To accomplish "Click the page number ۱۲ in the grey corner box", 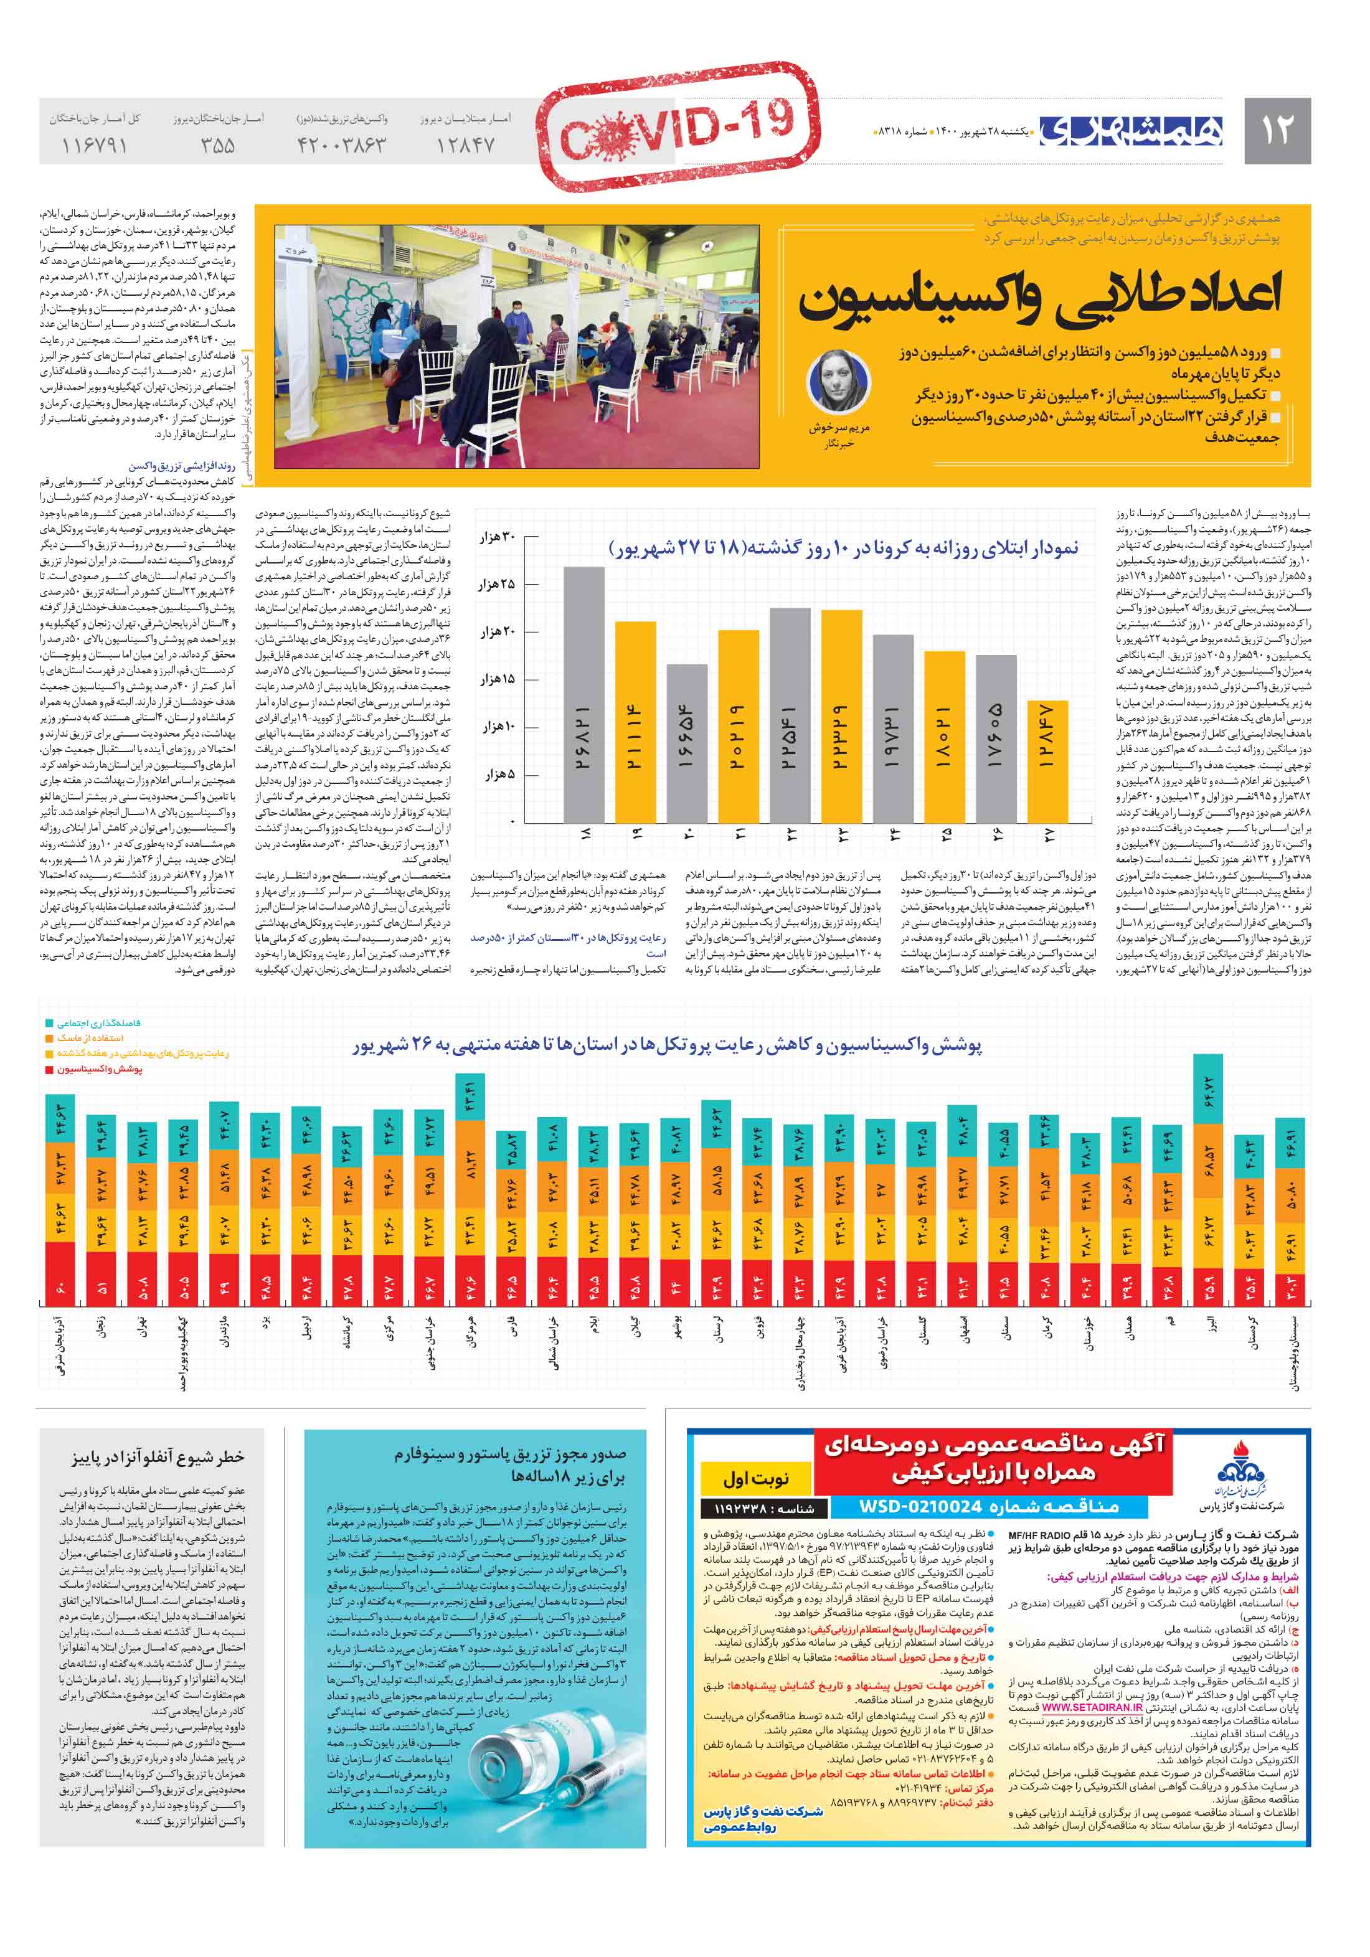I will [x=1276, y=130].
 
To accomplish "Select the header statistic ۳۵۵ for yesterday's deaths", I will [x=218, y=145].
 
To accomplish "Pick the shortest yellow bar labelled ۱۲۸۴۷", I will [x=1047, y=761].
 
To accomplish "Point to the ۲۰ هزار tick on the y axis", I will [x=497, y=631].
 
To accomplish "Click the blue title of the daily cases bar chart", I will [x=843, y=547].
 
